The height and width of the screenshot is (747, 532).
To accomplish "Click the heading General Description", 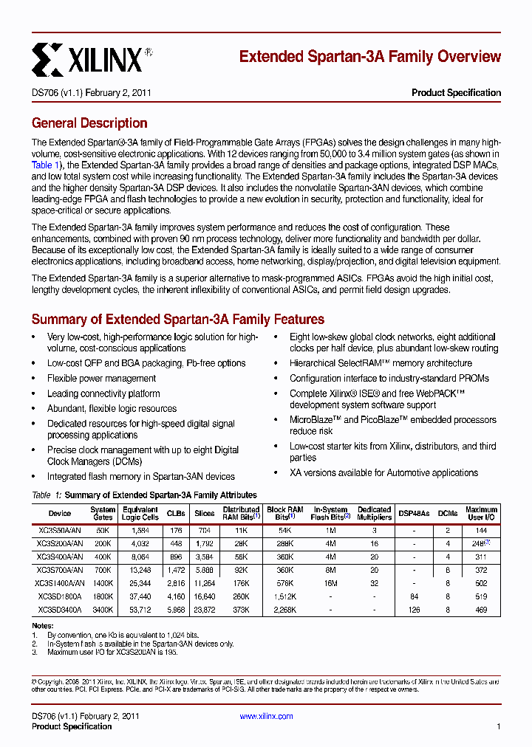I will point(89,123).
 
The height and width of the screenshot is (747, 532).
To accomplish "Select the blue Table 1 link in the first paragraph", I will point(41,165).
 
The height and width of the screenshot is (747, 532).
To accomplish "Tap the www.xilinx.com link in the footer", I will point(266,716).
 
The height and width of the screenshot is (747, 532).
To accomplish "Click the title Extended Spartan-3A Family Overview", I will point(369,57).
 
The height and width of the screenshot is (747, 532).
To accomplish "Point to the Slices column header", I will point(204,513).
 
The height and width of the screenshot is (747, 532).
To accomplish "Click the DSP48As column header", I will point(414,513).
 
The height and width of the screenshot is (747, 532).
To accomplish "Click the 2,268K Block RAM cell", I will point(284,610).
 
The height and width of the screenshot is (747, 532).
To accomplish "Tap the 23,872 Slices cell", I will point(204,610).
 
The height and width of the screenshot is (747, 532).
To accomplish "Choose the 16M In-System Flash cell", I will point(330,583).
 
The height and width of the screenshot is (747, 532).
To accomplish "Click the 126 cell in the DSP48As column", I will point(414,610).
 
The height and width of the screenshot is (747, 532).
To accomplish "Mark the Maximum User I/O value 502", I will point(481,583).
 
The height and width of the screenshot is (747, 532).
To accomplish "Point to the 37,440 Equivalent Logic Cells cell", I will point(140,596).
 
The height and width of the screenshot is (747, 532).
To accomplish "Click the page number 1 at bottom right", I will point(499,726).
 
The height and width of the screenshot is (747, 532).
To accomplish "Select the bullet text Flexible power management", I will point(91,379).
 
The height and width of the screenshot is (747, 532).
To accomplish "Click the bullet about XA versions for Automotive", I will point(383,472).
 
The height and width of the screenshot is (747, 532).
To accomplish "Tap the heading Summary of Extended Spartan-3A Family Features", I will point(177,320).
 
